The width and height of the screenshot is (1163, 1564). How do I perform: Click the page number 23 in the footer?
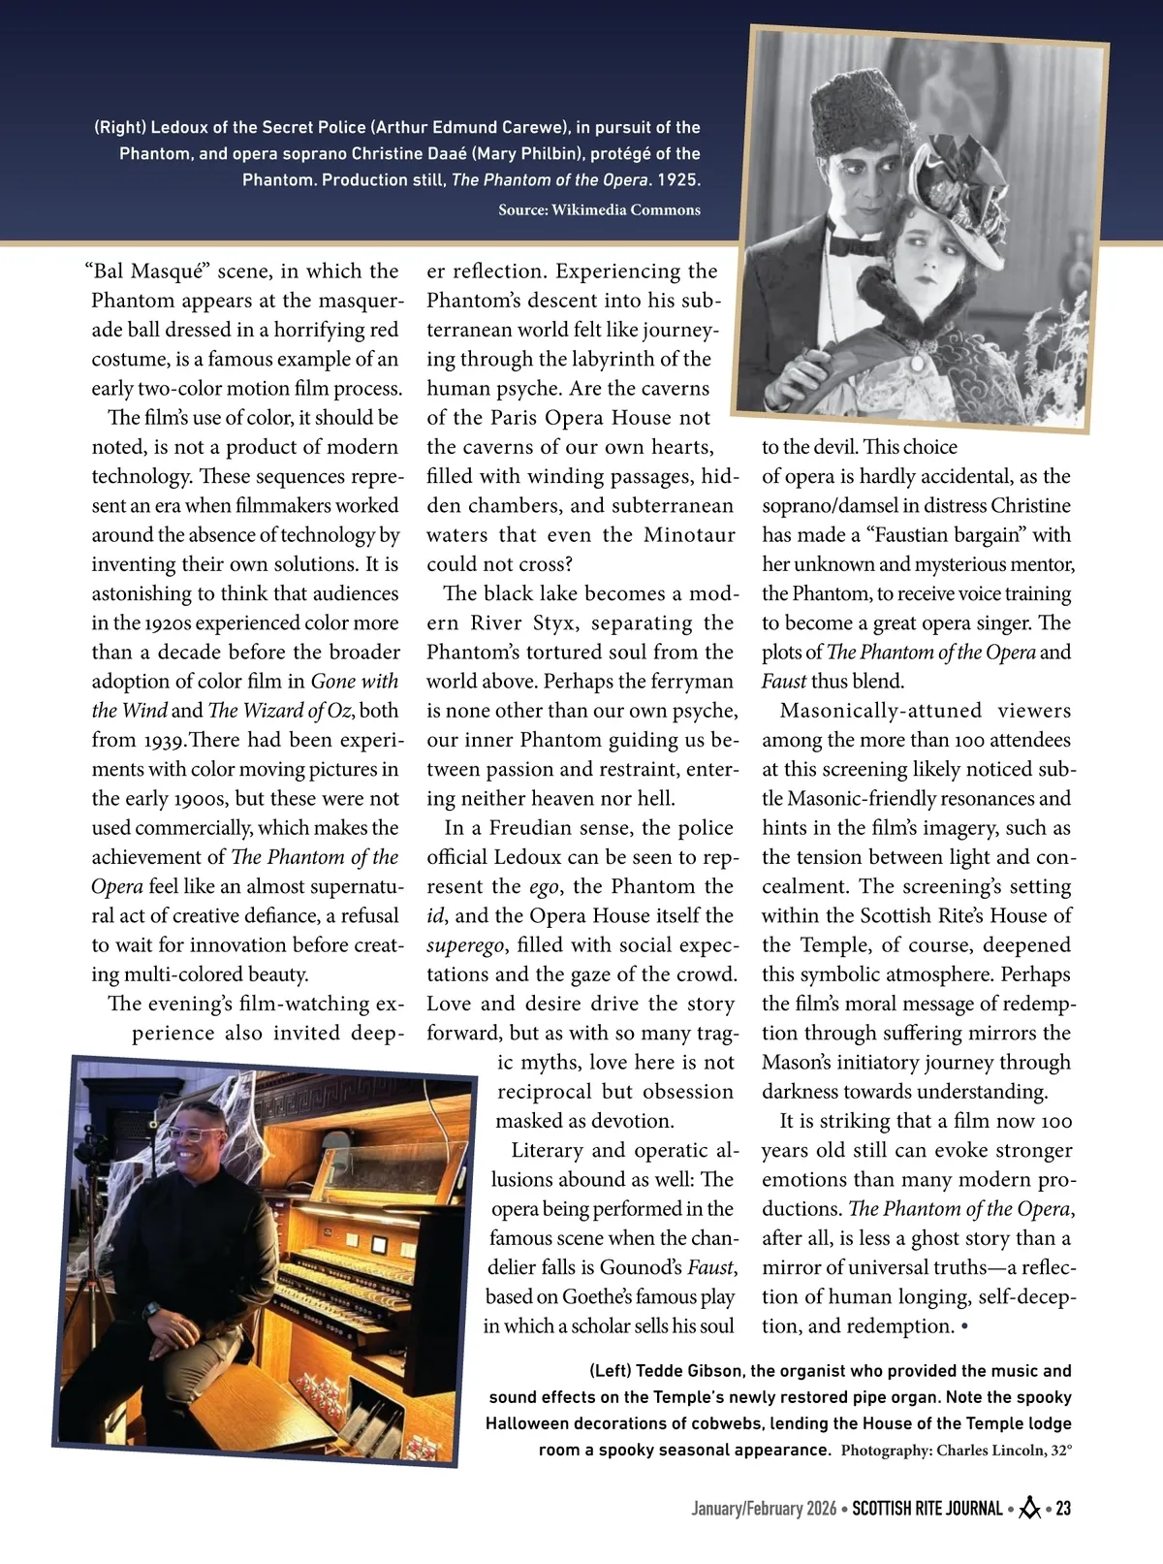point(1063,1509)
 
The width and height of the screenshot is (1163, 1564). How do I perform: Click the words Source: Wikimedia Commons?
point(599,209)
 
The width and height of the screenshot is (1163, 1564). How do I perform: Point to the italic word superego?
point(465,945)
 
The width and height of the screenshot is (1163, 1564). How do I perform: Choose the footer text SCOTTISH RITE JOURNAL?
point(927,1509)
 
